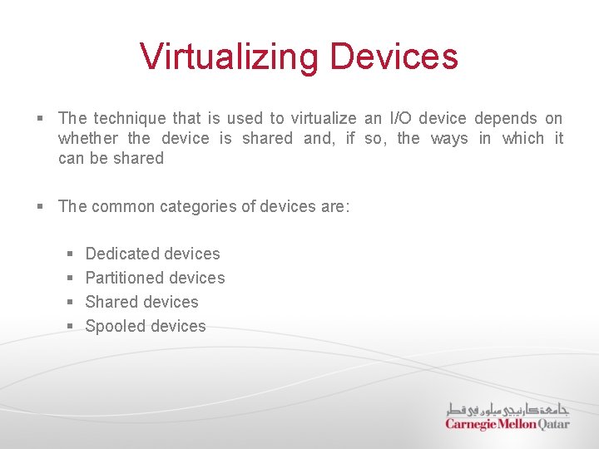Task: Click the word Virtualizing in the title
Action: point(230,57)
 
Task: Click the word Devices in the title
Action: point(394,57)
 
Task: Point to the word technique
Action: point(132,118)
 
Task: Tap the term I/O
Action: point(402,118)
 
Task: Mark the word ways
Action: point(449,138)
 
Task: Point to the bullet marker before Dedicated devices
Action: point(70,254)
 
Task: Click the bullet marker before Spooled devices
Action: point(70,326)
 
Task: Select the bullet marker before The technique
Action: point(40,119)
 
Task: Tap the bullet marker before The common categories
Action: point(40,206)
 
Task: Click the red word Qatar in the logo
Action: point(554,423)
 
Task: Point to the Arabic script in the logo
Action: point(507,408)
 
